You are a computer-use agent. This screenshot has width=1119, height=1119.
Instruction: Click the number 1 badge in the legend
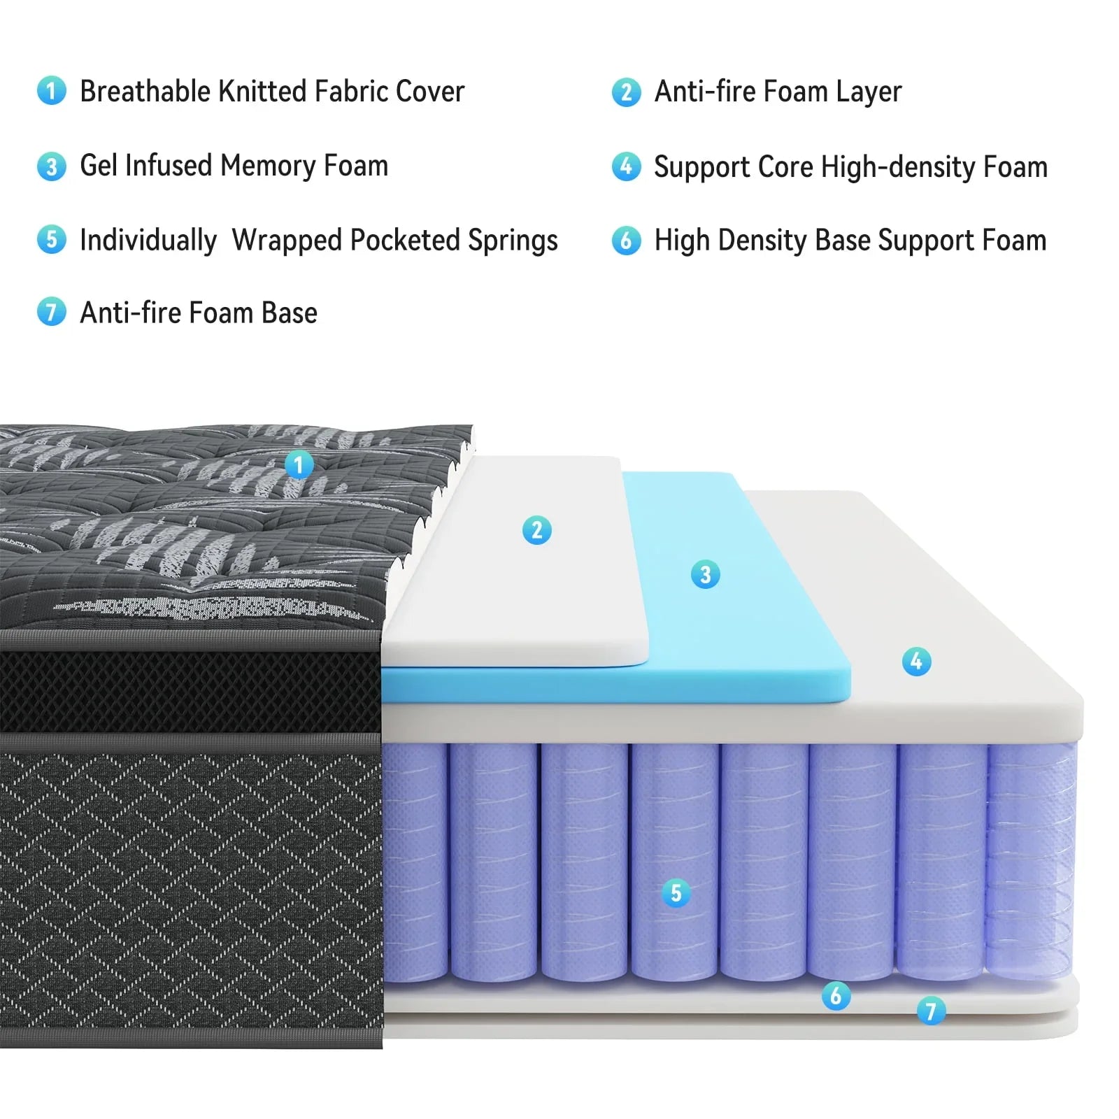(51, 91)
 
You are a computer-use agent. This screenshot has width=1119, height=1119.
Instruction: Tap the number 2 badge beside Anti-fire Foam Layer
(626, 92)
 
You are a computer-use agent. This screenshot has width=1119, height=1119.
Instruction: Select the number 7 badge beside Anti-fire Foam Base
(51, 312)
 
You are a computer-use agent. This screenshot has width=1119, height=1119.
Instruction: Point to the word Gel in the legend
(97, 166)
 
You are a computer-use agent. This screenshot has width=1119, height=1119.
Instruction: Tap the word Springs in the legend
(513, 241)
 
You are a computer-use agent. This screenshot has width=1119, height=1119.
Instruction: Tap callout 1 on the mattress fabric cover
(299, 464)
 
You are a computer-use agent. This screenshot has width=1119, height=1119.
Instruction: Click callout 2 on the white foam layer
(536, 529)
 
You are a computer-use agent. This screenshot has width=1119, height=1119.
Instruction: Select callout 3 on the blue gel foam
(705, 574)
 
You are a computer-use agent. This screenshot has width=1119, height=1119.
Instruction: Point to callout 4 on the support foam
(916, 661)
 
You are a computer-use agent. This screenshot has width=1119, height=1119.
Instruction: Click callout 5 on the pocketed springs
(676, 892)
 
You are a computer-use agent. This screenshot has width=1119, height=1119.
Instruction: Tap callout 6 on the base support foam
(836, 995)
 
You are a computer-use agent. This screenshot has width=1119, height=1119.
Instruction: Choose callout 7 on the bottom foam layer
(931, 1011)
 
